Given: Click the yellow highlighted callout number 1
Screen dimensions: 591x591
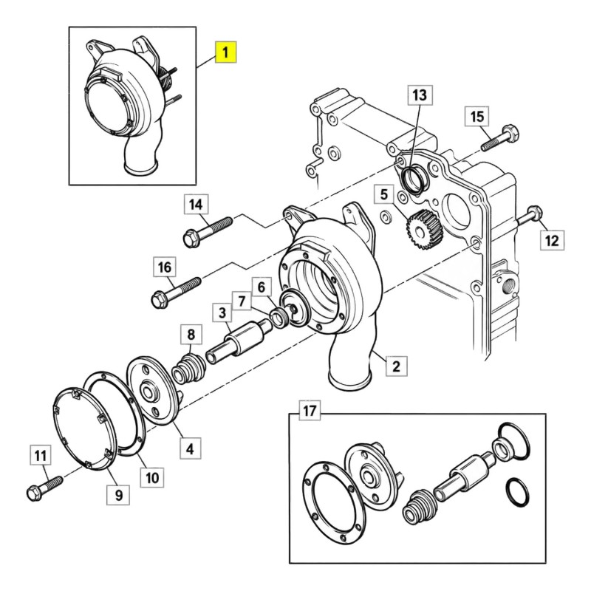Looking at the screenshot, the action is tap(225, 52).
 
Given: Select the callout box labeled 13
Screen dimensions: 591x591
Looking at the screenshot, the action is tap(420, 95).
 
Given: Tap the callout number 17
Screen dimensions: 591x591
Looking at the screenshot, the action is tap(310, 411).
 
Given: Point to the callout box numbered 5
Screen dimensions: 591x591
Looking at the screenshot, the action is tap(384, 194).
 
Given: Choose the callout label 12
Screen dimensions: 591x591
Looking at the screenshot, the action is tap(552, 239).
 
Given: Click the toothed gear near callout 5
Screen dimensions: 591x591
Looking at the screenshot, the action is tap(424, 230).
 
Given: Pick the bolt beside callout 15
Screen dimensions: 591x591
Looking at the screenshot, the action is tap(500, 139).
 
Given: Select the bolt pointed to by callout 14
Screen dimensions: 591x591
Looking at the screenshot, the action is tap(208, 231).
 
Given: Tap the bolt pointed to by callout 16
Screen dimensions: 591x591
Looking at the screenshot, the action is tap(176, 293).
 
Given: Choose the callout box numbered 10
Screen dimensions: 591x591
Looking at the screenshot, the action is tap(152, 478).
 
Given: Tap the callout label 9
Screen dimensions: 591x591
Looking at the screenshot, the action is tap(119, 494).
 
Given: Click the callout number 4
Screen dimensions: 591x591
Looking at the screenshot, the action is tap(190, 448).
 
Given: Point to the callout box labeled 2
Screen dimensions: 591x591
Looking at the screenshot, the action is tap(396, 366).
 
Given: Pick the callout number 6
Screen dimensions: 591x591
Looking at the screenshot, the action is tap(262, 288).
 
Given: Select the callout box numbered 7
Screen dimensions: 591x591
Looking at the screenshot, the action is tap(242, 301).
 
